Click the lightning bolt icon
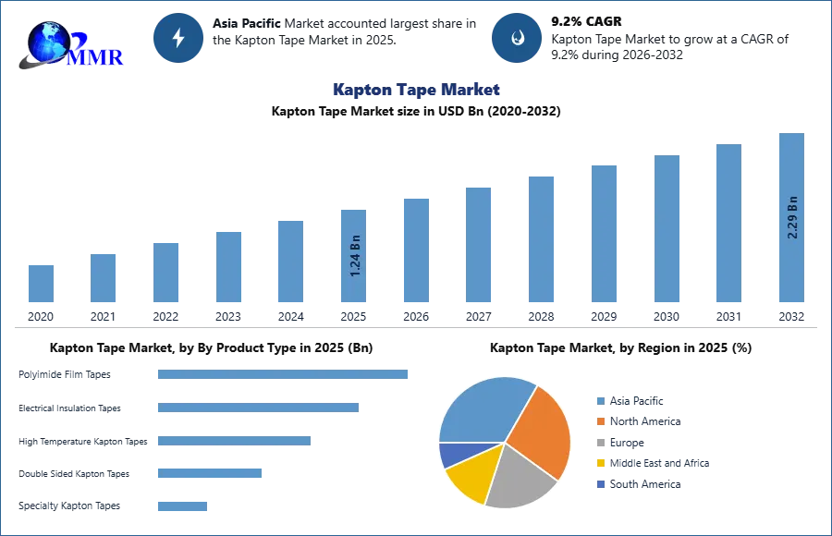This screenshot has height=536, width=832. coord(178,38)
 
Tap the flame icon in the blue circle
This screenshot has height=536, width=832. coord(517,38)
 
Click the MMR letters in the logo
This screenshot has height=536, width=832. coord(97,56)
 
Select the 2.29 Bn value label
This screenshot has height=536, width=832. coord(792,217)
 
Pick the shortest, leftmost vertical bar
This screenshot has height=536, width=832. coord(41,282)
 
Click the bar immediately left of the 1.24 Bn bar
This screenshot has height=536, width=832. coord(288,260)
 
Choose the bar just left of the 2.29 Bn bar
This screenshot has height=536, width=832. coord(728,223)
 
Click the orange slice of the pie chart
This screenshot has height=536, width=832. coord(541,430)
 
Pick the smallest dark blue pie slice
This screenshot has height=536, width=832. coord(451,454)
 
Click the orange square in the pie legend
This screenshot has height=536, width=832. coord(600,421)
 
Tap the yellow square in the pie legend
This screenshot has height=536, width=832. coord(600,464)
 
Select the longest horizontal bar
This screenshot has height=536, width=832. coord(284,376)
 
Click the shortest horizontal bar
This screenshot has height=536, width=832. coord(181,506)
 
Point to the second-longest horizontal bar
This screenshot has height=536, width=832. coord(258,407)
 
